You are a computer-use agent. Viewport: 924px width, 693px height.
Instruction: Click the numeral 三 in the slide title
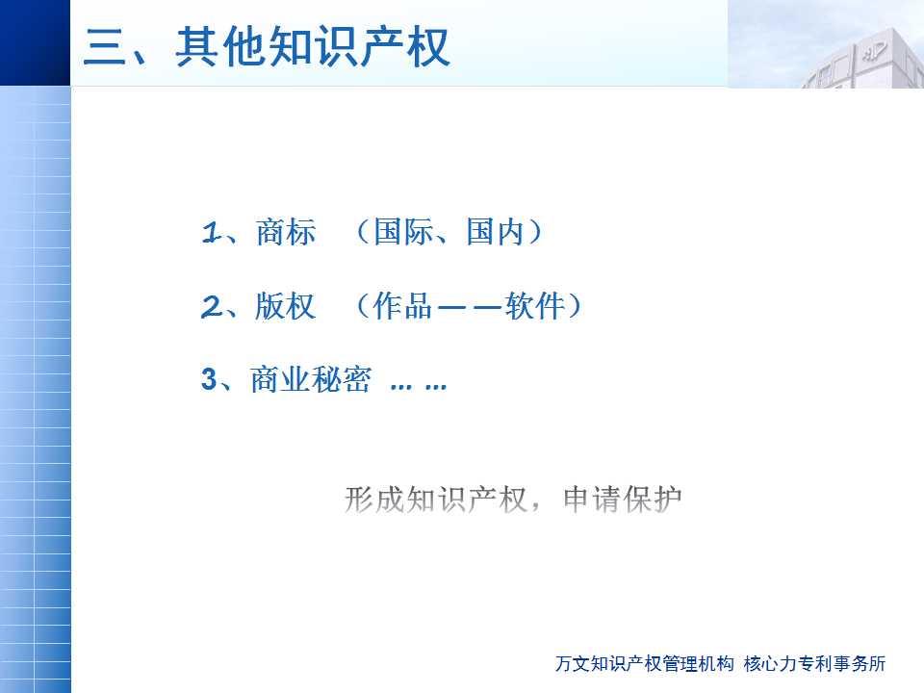(106, 47)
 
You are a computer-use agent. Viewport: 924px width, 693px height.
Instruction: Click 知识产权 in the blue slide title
(359, 47)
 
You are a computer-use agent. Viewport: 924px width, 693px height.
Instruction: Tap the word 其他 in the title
(220, 47)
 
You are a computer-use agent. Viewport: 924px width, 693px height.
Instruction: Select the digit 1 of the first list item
(210, 232)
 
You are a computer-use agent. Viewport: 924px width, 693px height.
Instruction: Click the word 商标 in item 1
(286, 232)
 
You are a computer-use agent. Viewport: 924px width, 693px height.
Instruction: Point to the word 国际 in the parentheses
(403, 232)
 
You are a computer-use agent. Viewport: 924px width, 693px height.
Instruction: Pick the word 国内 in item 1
(495, 232)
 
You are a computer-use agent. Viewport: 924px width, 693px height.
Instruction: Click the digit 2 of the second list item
(211, 307)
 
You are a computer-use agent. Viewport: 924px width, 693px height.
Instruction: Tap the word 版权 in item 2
(285, 306)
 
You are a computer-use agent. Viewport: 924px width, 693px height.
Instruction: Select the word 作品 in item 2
(402, 306)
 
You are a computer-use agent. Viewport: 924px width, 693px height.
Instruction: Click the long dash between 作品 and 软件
(469, 307)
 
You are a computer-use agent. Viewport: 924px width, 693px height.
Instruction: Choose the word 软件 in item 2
(534, 306)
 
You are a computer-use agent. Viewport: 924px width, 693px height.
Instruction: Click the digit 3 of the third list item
(209, 379)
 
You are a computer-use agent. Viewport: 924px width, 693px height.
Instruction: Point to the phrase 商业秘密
(311, 379)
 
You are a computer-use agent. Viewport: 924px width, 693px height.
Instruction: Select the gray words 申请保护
(623, 500)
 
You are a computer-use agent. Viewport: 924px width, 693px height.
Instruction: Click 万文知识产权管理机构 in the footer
(645, 663)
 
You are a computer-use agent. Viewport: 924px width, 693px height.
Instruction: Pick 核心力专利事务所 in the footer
(815, 663)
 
